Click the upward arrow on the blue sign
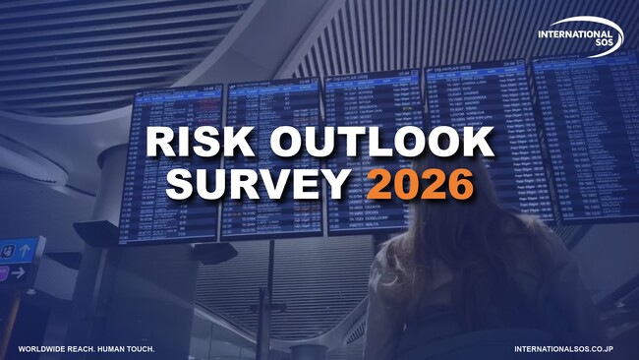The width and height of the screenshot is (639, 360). coord(25,252)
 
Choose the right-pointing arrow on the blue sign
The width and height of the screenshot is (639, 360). coord(18,273)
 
